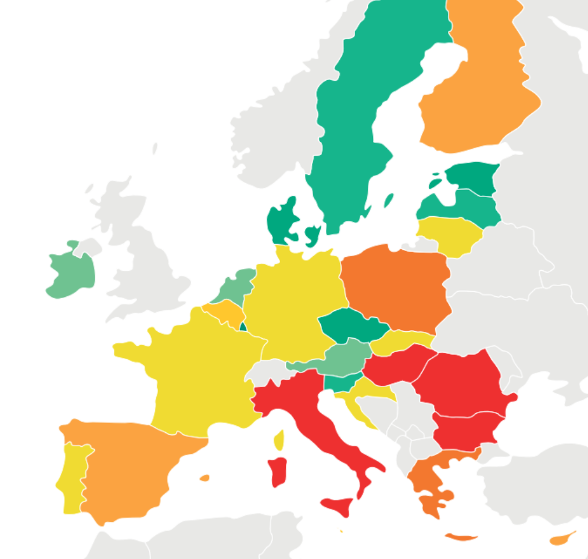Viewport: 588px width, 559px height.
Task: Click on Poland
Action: [395, 288]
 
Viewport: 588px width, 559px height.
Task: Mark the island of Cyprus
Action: [562, 539]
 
